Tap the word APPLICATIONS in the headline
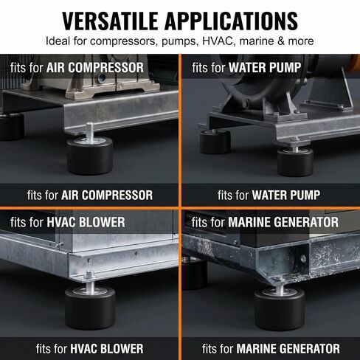[x=232, y=21]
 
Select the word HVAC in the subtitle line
[x=218, y=41]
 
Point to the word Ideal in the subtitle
[x=58, y=41]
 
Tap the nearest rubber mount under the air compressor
[x=90, y=154]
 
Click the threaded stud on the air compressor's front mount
[x=90, y=132]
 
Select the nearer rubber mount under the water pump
[x=295, y=161]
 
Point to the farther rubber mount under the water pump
[x=215, y=142]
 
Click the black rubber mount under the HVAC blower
[x=90, y=308]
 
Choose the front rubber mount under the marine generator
[x=280, y=308]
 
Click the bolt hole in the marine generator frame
[x=303, y=258]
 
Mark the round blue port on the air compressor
[x=101, y=78]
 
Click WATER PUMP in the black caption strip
[x=286, y=195]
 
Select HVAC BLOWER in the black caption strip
[x=107, y=349]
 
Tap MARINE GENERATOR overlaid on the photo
[x=283, y=222]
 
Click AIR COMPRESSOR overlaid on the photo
[x=95, y=68]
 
